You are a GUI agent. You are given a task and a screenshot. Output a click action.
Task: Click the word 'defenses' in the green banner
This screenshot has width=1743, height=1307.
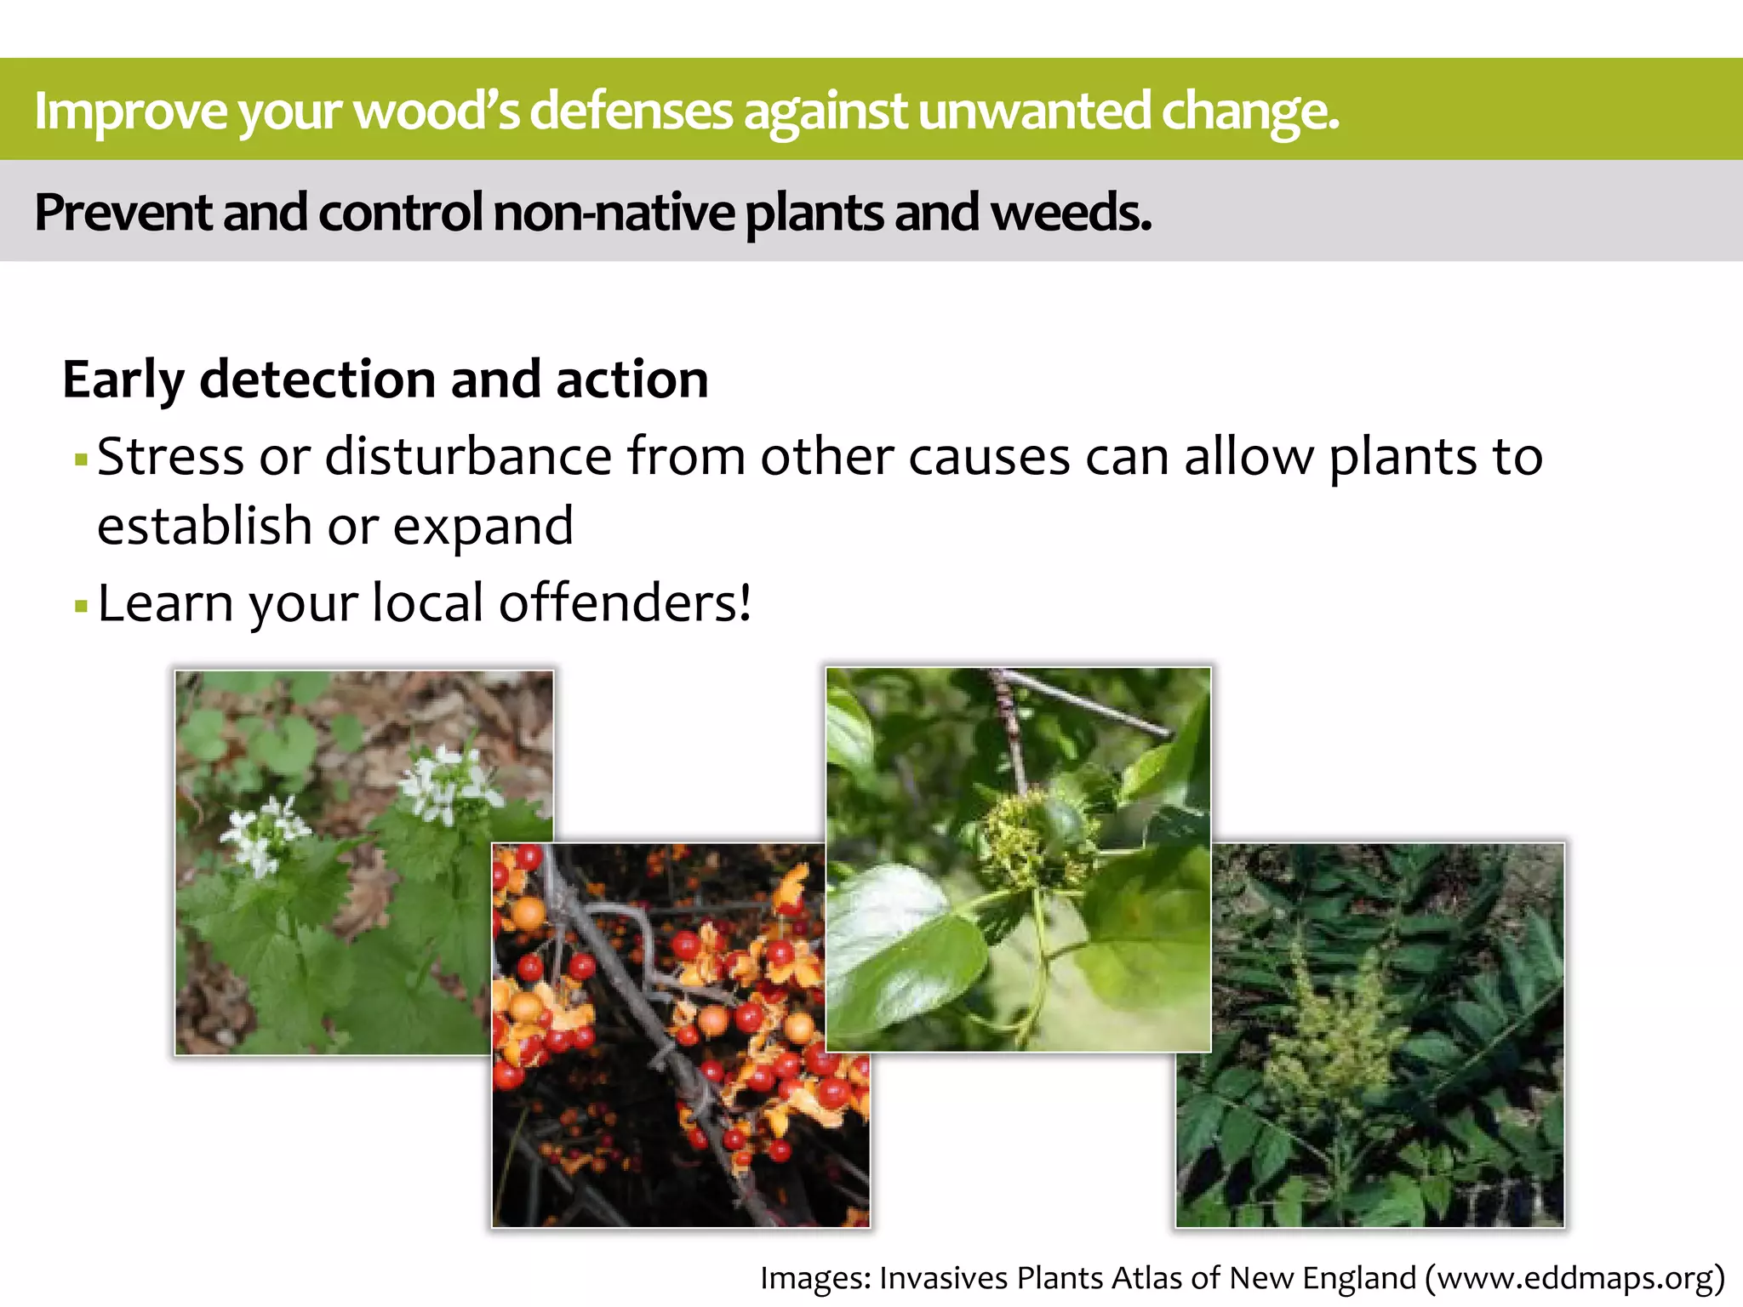coord(631,111)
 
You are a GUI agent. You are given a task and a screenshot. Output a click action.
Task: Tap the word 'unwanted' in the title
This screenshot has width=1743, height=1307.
coord(1033,111)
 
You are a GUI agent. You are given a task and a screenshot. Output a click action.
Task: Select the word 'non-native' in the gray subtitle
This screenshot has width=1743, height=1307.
coord(613,212)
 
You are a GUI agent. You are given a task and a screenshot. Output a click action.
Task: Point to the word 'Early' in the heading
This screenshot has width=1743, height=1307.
coord(123,380)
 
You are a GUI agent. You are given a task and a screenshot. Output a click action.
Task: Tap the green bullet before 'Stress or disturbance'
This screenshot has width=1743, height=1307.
coord(82,460)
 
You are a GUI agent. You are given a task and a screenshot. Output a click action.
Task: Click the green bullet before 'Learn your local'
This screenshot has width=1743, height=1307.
coord(82,607)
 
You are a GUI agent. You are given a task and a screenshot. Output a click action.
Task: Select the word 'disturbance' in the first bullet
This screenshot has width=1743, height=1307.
coord(468,457)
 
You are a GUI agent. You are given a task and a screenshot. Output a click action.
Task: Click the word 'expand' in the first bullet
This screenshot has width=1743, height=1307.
coord(483,527)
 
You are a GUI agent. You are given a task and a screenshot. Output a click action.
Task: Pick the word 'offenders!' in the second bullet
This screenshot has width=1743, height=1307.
coord(625,603)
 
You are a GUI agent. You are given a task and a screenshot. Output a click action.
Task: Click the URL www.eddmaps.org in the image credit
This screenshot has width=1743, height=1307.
coord(1574,1278)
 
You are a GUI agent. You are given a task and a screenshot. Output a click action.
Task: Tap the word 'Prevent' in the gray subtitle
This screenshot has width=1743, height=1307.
coord(123,212)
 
